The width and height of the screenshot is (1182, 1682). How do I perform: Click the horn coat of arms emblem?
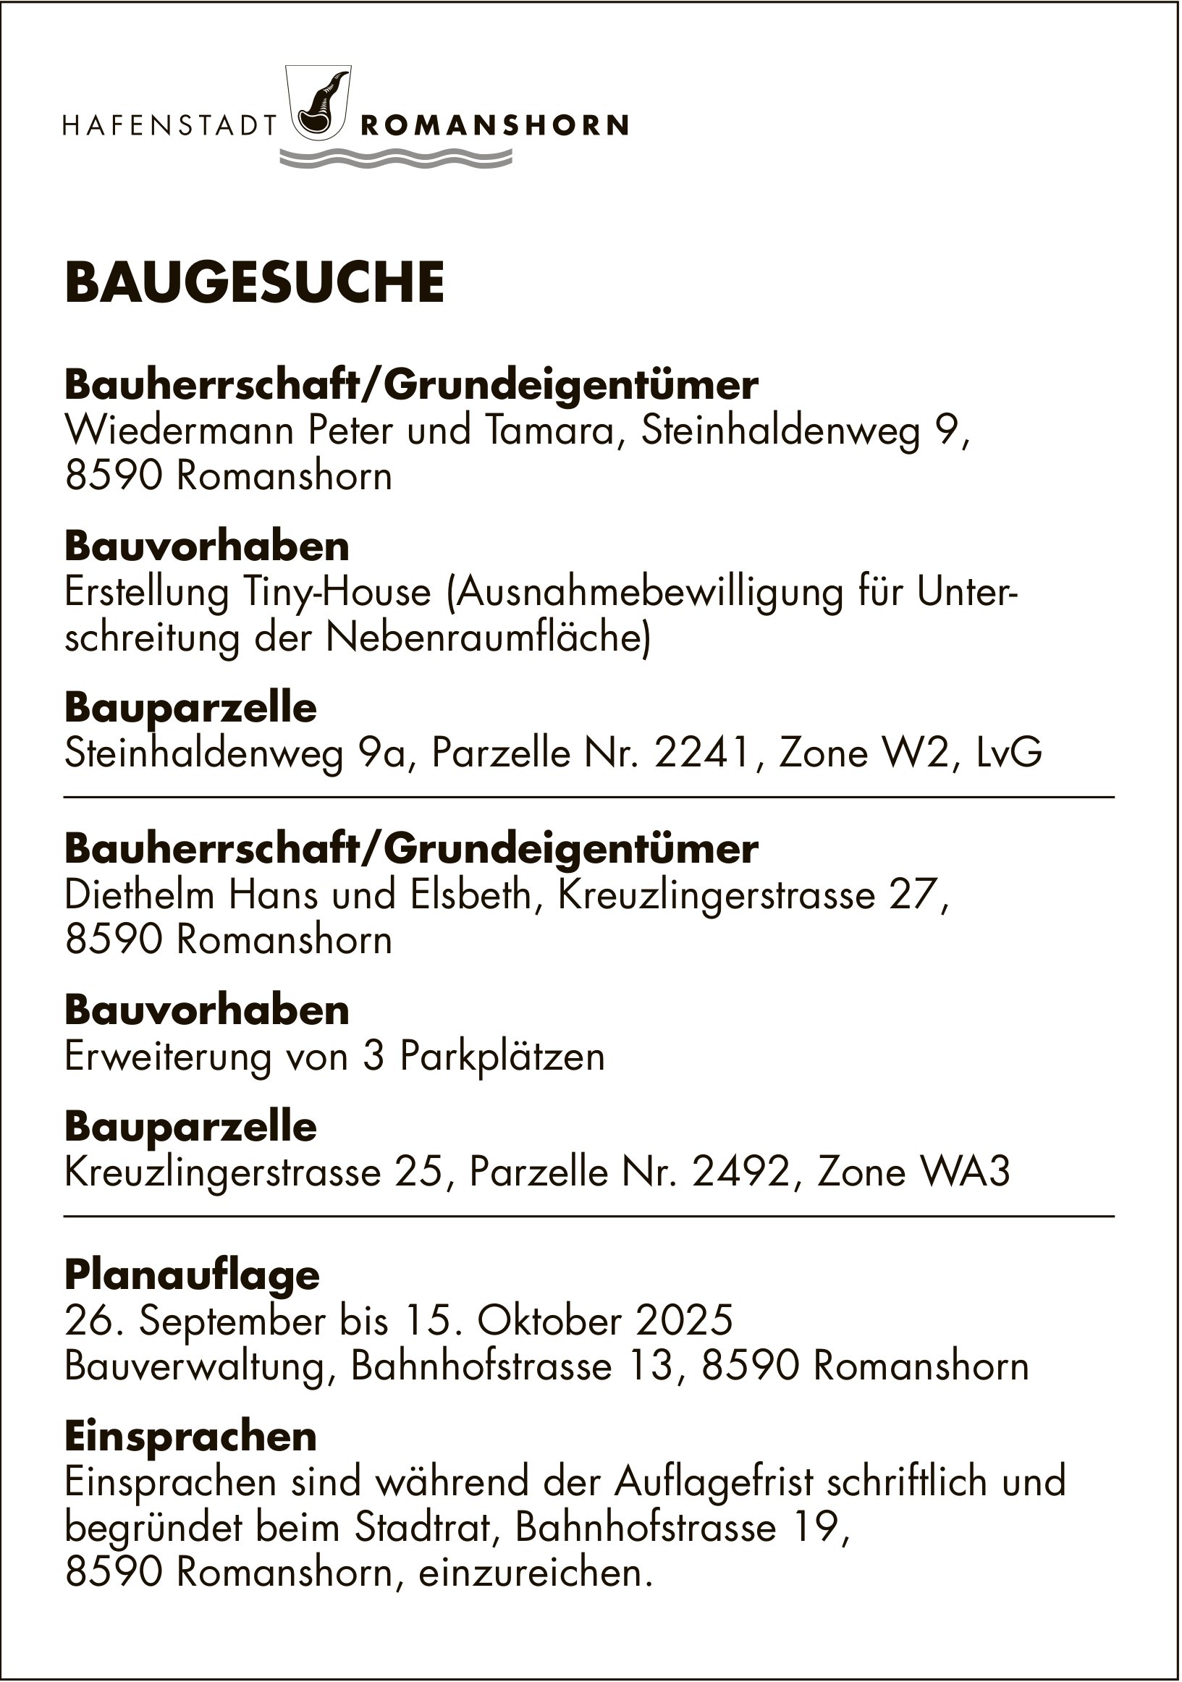click(x=320, y=102)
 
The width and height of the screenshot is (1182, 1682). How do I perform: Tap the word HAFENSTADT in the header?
click(x=169, y=126)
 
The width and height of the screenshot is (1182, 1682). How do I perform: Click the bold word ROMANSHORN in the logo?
click(x=494, y=126)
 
